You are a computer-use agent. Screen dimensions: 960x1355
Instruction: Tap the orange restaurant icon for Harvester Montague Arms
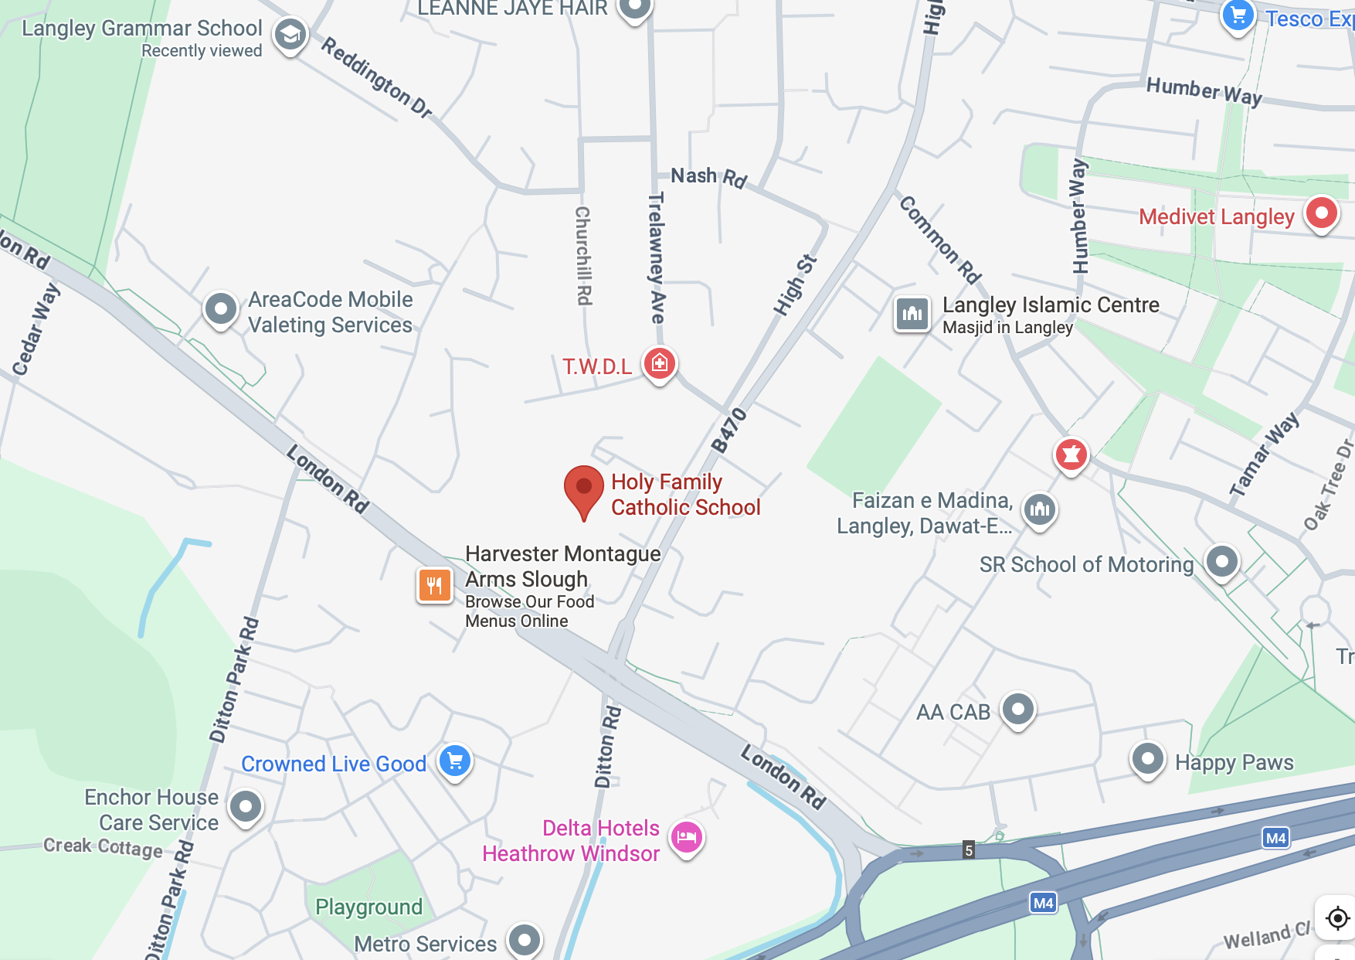pos(435,585)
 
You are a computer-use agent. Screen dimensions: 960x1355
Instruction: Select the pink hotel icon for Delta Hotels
pos(686,837)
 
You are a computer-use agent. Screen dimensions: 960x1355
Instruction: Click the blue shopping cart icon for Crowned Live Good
pos(455,761)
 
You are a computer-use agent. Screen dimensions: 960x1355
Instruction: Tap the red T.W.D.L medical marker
pos(659,363)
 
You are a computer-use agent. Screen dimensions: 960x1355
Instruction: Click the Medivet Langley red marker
pos(1321,213)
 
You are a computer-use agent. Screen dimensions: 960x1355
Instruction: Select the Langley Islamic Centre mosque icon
pos(912,313)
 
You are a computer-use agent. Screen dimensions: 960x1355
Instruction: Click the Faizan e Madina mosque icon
pos(1040,509)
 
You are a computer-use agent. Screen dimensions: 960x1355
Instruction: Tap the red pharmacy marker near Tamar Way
pos(1071,454)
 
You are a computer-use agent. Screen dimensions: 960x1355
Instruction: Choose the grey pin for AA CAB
pos(1017,708)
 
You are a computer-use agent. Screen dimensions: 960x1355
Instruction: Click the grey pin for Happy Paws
pos(1147,758)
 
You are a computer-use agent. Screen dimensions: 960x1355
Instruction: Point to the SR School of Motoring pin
pos(1221,561)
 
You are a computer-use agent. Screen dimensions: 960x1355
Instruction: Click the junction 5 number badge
pos(968,850)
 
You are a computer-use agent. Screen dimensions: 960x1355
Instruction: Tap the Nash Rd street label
pos(708,177)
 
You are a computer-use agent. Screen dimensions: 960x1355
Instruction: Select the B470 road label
pos(728,430)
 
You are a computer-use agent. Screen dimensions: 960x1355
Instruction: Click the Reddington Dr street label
pos(376,77)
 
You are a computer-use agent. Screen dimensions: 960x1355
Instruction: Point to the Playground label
pos(368,906)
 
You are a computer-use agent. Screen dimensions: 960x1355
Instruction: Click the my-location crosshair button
pos(1337,917)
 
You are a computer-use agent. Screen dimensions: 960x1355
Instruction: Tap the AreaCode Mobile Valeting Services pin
pos(220,308)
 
